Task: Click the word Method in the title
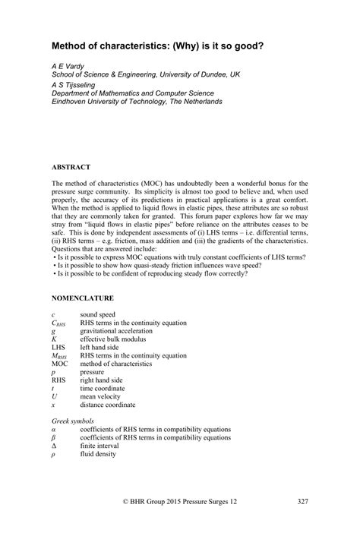(x=69, y=47)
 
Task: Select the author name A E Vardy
(x=68, y=67)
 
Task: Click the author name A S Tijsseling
(x=74, y=85)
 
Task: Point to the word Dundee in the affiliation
(x=208, y=76)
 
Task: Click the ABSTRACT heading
(x=71, y=166)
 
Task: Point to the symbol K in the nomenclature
(x=54, y=339)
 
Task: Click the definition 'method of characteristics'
(x=119, y=364)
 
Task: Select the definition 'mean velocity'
(x=104, y=396)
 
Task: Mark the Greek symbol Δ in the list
(x=54, y=446)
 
